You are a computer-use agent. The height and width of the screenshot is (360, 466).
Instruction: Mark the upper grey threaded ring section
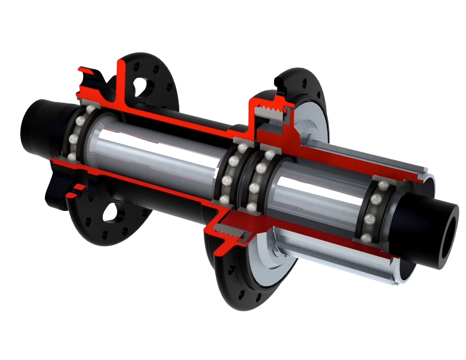(x=269, y=111)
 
